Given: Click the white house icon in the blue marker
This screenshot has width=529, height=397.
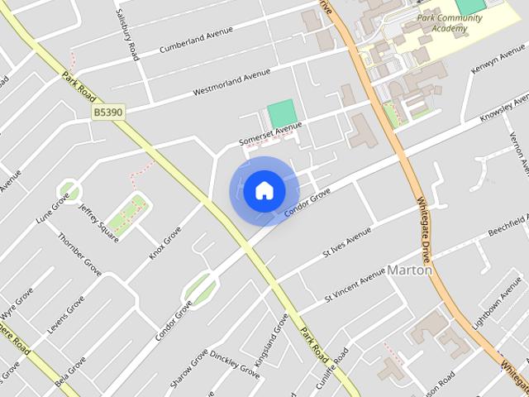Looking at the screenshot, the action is [264, 191].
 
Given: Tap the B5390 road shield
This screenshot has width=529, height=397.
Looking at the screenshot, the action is [108, 112].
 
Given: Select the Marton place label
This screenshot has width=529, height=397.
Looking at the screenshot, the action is [410, 270].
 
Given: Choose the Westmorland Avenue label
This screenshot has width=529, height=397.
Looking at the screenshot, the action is [232, 80].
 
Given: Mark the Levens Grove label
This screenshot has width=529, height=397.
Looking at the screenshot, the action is [65, 314].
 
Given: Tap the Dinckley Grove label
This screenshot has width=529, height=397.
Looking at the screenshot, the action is [235, 364].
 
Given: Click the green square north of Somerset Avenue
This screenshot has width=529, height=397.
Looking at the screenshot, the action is [281, 113].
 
